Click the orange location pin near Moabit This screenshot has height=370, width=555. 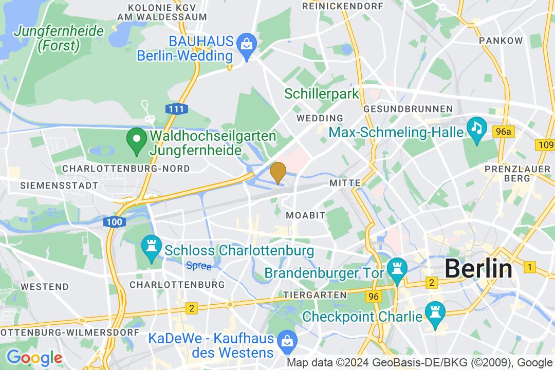tap(278, 172)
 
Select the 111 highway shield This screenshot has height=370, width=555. tap(176, 109)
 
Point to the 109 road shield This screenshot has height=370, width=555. tap(545, 145)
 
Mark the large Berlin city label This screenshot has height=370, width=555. tap(478, 269)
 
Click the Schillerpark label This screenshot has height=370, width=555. tap(321, 94)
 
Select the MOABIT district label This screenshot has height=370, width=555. tap(306, 215)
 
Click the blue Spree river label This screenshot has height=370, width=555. tap(195, 265)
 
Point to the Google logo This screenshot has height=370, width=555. tap(34, 357)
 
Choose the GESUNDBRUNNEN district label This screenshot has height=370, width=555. tap(408, 109)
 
